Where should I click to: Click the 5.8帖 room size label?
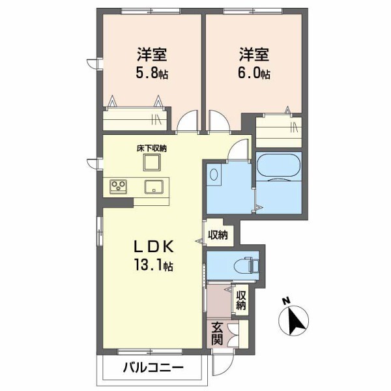tap(152, 73)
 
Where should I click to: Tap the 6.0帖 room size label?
tap(254, 73)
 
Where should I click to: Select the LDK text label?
tap(152, 247)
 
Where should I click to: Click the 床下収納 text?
tap(152, 149)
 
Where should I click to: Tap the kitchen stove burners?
tap(119, 186)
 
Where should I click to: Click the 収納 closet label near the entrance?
tap(241, 300)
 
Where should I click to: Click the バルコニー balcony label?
tap(153, 368)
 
